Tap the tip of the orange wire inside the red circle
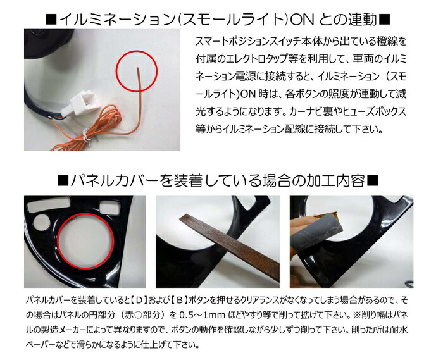point(137,68)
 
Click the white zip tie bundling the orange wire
point(86,135)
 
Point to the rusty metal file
point(229,244)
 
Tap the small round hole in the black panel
point(42,221)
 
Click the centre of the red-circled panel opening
point(85,240)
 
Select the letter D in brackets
point(139,300)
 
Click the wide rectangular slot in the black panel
point(49,203)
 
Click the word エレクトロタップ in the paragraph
point(254,59)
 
